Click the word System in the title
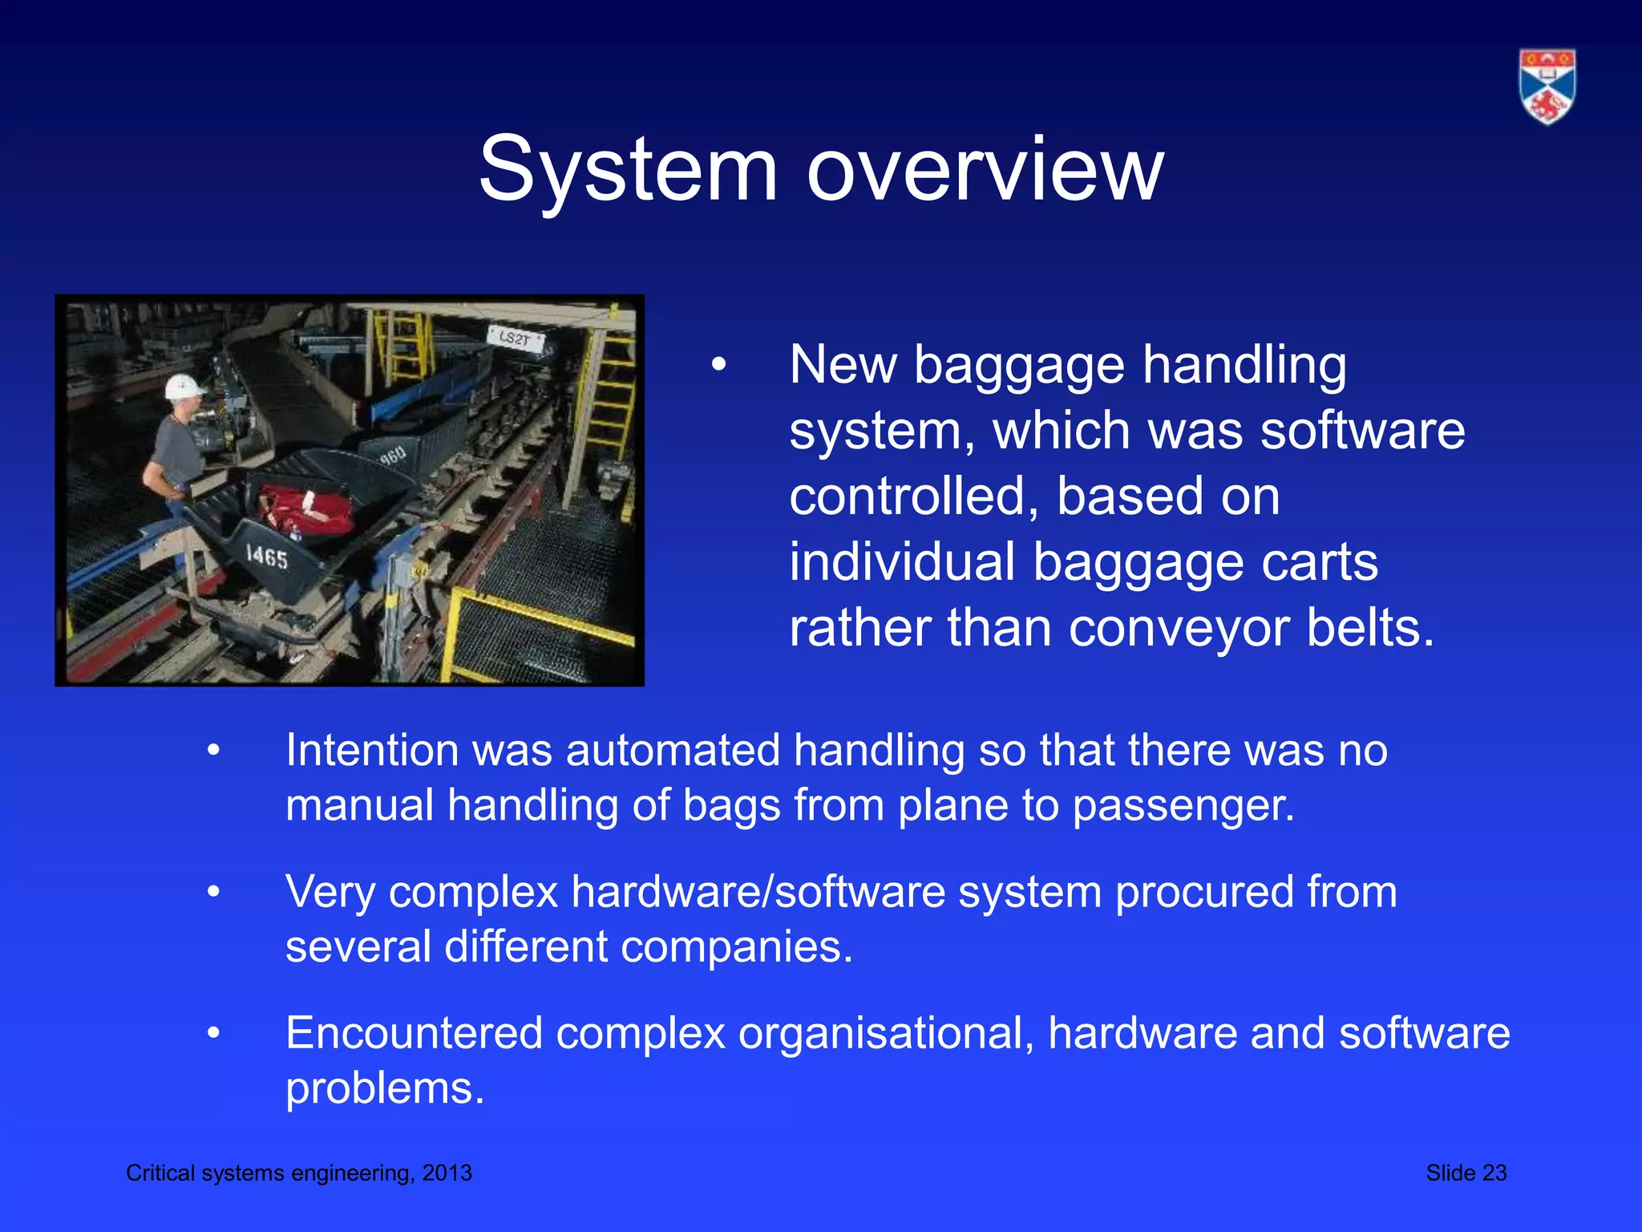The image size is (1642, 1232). click(628, 170)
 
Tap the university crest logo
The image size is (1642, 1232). click(1547, 87)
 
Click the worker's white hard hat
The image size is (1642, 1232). click(184, 387)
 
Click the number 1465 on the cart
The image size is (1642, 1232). click(267, 556)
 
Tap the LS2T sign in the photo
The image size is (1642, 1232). click(515, 338)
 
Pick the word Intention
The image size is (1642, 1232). click(372, 751)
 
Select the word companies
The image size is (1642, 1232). click(736, 946)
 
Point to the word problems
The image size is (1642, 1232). click(385, 1088)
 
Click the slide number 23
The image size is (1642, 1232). click(1494, 1173)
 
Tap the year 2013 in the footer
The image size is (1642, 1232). click(447, 1173)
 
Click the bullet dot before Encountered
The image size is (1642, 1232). click(213, 1034)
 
